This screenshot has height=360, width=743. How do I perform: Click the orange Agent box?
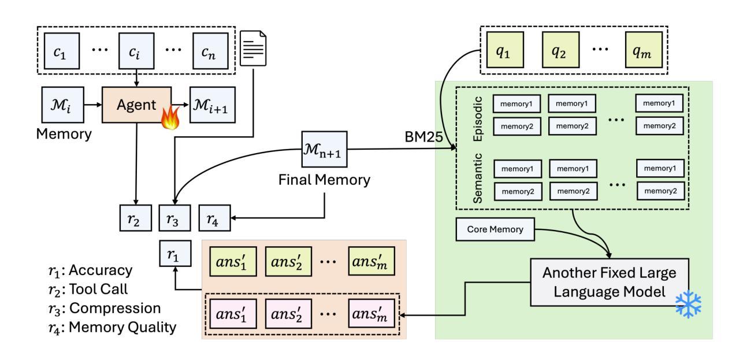[136, 105]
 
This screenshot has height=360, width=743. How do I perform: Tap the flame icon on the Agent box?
[169, 120]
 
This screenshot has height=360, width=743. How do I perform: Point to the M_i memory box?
[59, 105]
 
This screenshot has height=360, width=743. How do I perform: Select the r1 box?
[174, 253]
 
